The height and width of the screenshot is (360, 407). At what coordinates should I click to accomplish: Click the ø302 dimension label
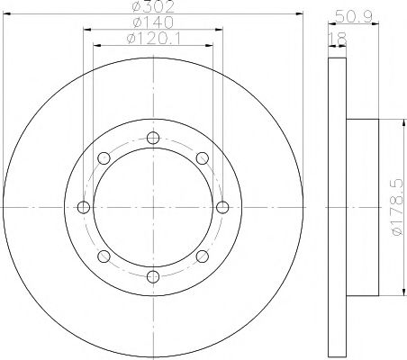(153, 6)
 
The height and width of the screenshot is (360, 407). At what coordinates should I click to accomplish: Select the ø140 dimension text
(153, 22)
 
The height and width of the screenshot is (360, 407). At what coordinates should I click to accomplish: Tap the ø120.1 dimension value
(154, 39)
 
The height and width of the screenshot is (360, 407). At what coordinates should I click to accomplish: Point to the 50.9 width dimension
(354, 16)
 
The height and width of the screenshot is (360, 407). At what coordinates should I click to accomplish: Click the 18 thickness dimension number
(338, 39)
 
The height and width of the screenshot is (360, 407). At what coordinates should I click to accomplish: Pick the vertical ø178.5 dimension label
(397, 207)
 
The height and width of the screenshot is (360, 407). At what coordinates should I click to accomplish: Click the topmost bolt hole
(153, 138)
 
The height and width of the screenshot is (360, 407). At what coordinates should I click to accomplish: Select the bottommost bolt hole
(153, 276)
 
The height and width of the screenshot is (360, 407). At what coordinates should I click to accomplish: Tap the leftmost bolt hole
(84, 207)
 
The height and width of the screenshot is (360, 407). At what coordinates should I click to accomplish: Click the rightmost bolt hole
(222, 207)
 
